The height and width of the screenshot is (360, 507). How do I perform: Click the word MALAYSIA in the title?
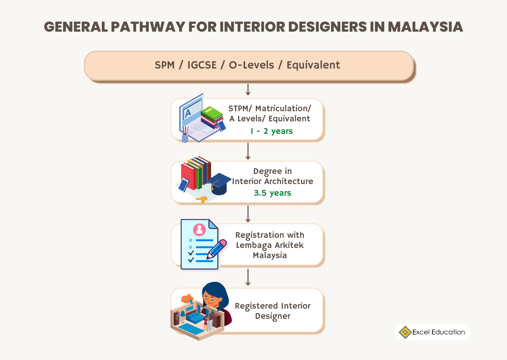point(425,27)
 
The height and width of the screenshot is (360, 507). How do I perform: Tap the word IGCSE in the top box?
point(202,65)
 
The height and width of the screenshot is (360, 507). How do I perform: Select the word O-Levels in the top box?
point(251,65)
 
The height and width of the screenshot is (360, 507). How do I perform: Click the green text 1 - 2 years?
point(272,131)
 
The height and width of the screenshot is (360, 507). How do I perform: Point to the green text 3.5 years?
point(272,193)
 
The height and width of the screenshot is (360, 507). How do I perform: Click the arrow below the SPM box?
point(248,90)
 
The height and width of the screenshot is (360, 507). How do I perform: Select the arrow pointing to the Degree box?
point(248,151)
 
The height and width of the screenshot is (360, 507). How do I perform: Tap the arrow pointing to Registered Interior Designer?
point(248,277)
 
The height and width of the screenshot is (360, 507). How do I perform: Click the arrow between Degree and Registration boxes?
point(248,214)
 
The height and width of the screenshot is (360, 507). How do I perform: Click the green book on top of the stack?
point(212,113)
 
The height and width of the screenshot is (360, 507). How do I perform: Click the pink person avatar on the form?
point(200,230)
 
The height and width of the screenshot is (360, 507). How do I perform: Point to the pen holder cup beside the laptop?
point(185,138)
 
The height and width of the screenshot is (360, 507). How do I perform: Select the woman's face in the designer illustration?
point(211,299)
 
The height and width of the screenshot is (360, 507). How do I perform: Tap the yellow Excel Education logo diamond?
point(405,332)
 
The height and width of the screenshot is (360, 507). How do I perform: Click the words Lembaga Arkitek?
point(270,245)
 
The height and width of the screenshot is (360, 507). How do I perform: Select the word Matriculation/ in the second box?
point(283,109)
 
